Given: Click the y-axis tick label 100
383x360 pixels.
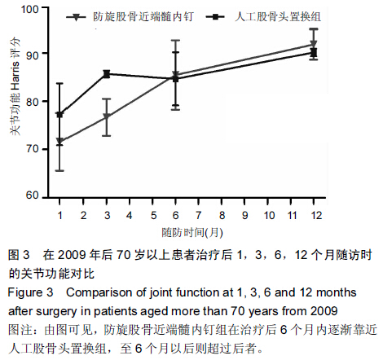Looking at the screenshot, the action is [x=30, y=10].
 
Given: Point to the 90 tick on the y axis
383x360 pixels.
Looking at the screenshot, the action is [x=45, y=53].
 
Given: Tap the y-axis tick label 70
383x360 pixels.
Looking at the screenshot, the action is [x=32, y=149].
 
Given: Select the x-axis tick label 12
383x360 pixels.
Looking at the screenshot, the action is [x=316, y=216].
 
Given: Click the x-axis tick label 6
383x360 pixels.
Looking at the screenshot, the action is [x=175, y=216].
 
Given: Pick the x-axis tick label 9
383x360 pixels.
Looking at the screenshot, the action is [x=245, y=216].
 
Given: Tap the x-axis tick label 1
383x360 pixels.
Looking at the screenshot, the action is [x=59, y=216].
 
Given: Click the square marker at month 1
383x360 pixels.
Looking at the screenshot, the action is [x=59, y=115].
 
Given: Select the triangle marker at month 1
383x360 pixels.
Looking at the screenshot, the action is [x=59, y=141].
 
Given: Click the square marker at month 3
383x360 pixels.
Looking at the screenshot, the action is [x=107, y=74].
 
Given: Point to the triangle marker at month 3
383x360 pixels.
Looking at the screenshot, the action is [x=107, y=117].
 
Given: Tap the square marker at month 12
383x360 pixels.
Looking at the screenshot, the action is [x=314, y=52].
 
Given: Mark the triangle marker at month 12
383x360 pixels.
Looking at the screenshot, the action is [x=314, y=44].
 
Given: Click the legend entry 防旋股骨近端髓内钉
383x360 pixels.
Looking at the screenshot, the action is [x=130, y=17].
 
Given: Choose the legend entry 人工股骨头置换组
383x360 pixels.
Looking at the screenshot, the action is [x=263, y=17].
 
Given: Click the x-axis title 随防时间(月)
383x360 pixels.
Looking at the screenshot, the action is [x=192, y=233].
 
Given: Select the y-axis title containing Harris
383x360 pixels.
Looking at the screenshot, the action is [x=15, y=86].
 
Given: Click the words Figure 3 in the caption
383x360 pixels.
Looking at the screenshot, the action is [x=30, y=292].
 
